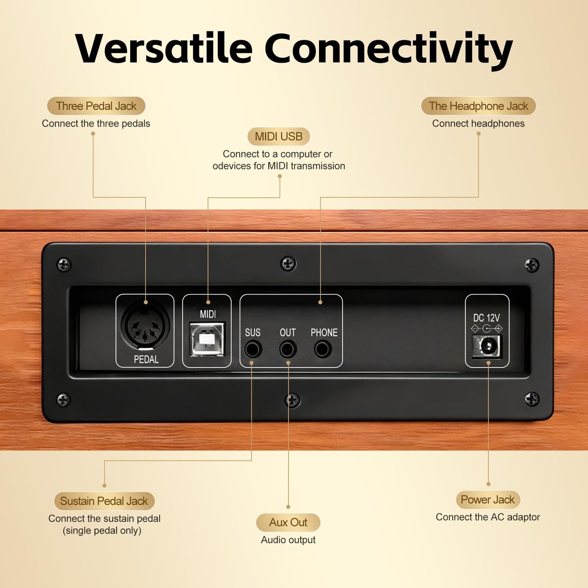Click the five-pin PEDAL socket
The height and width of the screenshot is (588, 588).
coord(145,326)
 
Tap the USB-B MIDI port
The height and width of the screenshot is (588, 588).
coord(207,339)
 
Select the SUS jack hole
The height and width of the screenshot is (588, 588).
coord(253,349)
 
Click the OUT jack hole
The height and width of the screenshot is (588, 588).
coord(288,349)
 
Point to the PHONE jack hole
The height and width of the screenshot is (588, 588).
coord(323,349)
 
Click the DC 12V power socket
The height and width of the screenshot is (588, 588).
coord(487,346)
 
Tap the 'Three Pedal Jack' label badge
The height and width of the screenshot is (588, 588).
coord(96,106)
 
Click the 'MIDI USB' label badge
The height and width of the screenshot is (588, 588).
coord(279,136)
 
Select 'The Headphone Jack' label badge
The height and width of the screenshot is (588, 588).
coord(479,106)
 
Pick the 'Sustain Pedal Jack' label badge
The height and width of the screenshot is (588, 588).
coord(104,501)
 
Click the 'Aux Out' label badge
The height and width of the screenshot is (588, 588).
coord(288,522)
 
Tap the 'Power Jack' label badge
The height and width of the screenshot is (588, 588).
coord(487,500)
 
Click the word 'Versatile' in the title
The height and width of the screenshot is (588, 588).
coord(164,48)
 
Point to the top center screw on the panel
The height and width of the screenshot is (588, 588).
coord(288,264)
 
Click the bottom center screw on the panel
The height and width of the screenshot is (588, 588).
coord(292,400)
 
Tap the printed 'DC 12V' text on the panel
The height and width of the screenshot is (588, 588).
coord(486,318)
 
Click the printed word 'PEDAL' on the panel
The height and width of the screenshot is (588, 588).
coord(146,359)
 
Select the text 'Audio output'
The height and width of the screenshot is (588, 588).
coord(288,540)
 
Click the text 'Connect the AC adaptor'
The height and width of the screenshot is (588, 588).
coord(487,517)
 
